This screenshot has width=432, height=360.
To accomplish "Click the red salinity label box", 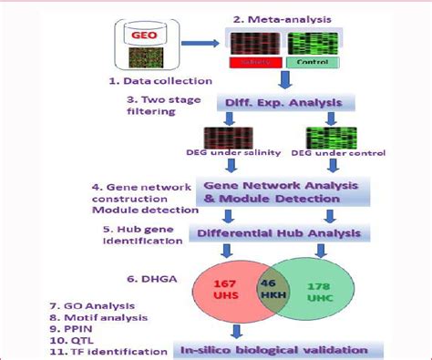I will [253, 62].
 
